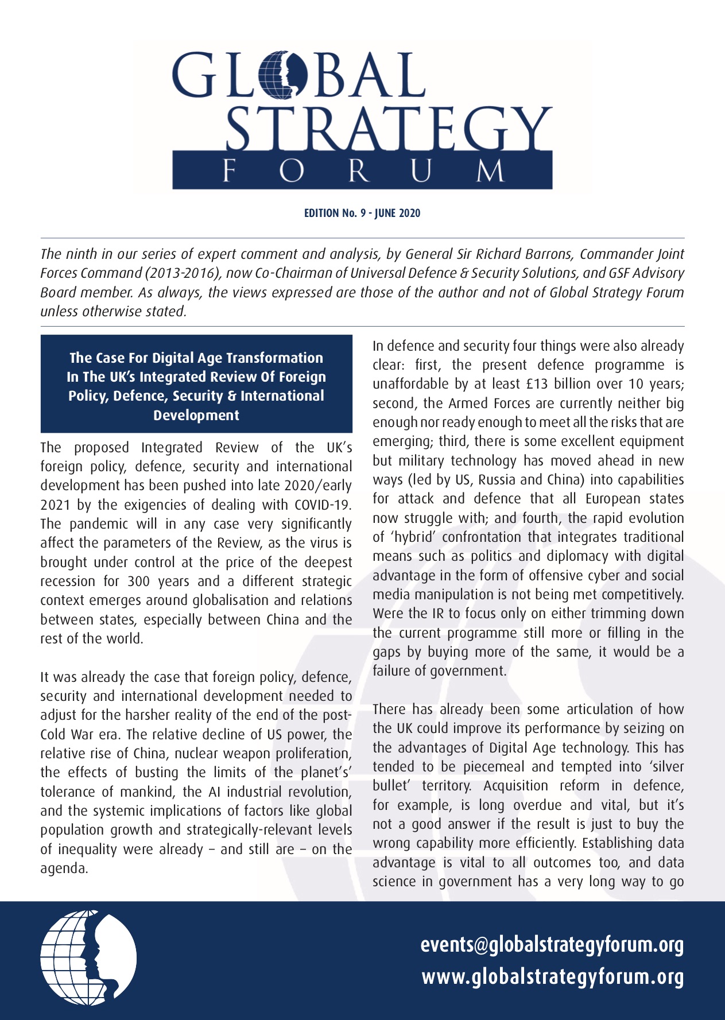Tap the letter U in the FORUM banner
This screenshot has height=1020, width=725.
[x=421, y=170]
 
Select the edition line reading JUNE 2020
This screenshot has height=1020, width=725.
[x=362, y=214]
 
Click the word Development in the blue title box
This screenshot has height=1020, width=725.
[x=196, y=415]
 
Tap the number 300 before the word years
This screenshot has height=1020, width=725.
[x=138, y=581]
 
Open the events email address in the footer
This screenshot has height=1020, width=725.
[x=552, y=945]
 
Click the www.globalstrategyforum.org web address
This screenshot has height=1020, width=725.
[x=553, y=976]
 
